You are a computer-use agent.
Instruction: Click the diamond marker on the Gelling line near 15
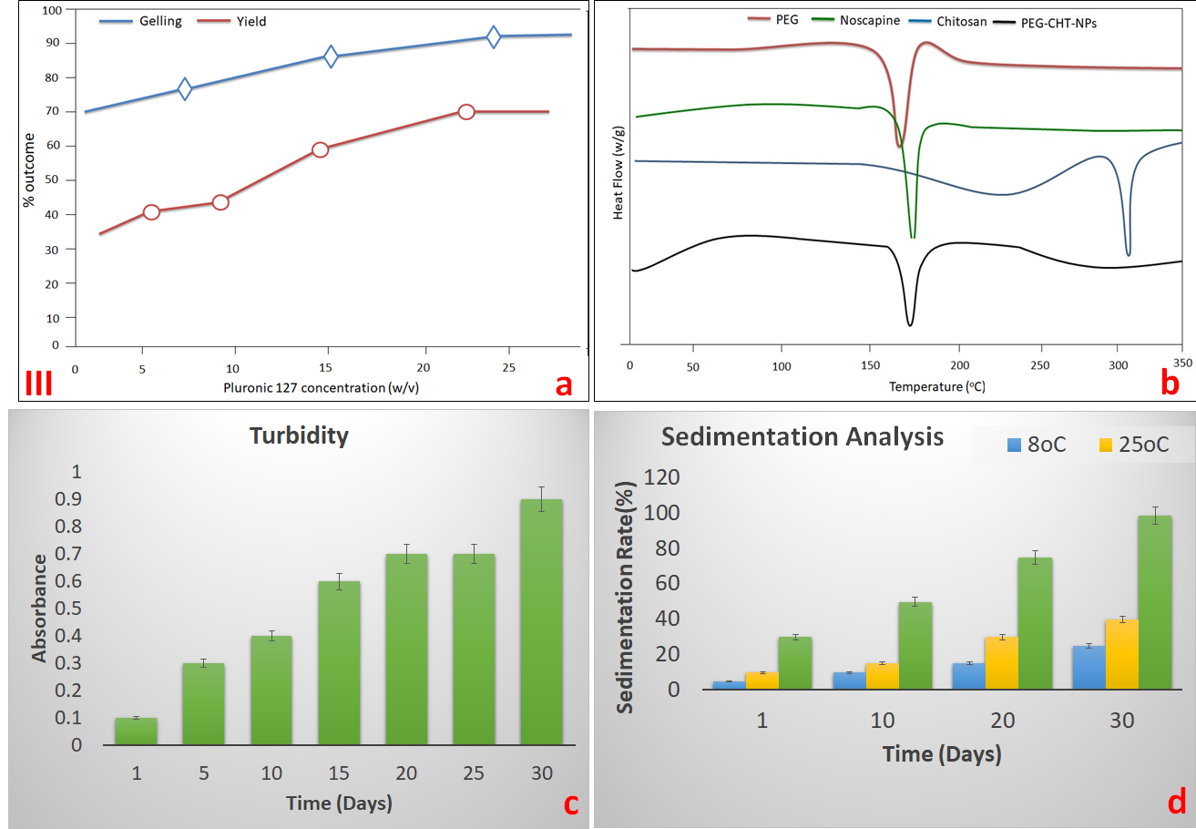(331, 56)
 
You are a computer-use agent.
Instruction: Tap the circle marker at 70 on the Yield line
(466, 112)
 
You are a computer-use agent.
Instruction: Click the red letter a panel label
(564, 385)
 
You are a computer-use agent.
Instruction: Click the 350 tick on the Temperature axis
(1181, 363)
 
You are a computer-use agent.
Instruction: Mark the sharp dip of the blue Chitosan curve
(1128, 252)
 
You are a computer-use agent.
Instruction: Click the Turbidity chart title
(299, 436)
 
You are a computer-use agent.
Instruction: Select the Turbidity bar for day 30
(541, 622)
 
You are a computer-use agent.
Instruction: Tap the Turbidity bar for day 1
(136, 732)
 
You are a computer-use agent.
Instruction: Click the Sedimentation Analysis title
(802, 436)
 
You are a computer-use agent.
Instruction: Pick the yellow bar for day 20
(1001, 663)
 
